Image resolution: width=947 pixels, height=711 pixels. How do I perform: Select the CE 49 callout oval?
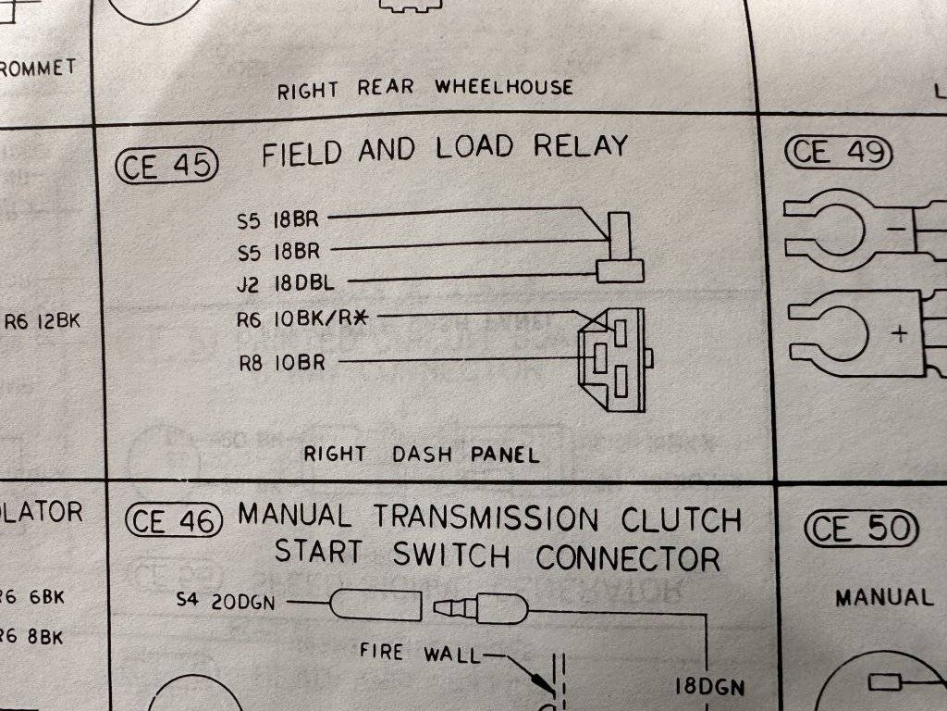839,153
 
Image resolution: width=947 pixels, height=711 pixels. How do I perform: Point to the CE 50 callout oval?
862,530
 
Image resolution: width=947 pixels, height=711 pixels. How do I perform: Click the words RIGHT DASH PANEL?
422,455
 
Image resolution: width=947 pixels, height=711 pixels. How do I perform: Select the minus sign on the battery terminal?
896,228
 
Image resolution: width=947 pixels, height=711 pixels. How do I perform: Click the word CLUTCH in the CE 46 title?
681,519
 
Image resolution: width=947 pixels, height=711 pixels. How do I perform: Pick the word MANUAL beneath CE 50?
884,597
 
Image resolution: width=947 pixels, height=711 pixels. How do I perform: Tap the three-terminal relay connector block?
612,361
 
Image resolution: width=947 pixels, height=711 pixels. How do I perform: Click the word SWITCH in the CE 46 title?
452,555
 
